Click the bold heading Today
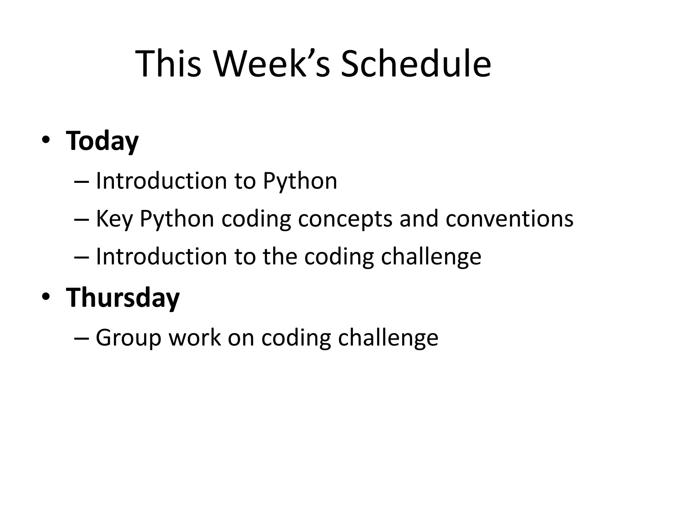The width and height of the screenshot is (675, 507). coord(102,141)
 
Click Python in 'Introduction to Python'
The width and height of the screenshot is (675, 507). coord(300,182)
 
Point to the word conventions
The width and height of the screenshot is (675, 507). coord(509,219)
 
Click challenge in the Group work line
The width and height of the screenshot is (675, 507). coord(388,338)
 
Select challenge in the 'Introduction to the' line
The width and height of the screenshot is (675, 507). coord(431,257)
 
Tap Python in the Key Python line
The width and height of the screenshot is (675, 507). coord(177,219)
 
